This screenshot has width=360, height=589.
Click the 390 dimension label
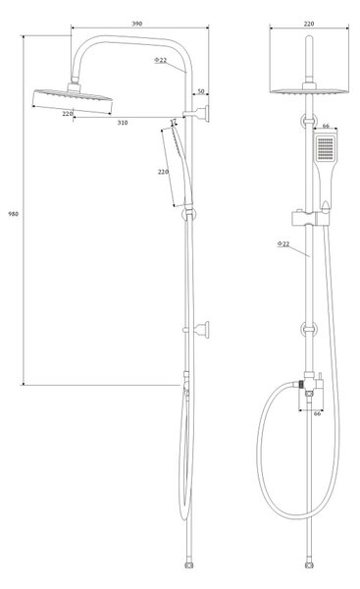(x=137, y=24)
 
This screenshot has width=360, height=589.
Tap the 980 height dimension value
(x=13, y=214)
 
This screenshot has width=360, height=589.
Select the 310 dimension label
(x=123, y=123)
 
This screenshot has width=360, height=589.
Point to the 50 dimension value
(x=201, y=91)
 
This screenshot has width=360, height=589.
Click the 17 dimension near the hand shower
(x=173, y=121)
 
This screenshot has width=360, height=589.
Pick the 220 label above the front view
(x=309, y=24)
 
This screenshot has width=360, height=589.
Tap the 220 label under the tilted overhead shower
(x=68, y=114)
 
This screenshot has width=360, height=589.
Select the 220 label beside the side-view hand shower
(x=163, y=172)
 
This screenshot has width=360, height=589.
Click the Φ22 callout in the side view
(x=160, y=60)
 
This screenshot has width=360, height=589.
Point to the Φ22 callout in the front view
(x=283, y=243)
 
